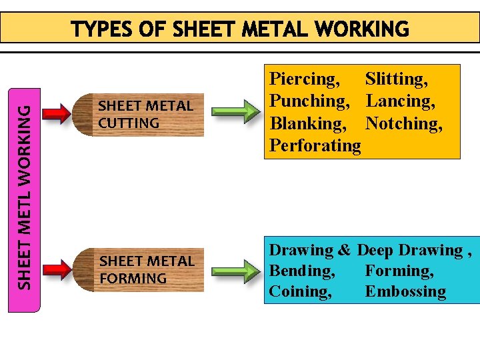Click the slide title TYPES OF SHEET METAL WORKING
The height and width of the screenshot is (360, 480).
coord(240,29)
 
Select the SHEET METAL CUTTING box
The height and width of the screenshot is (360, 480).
coord(145,114)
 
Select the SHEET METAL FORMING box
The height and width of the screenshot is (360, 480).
coord(147,269)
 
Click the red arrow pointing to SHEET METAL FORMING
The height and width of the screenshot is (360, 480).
coord(59,269)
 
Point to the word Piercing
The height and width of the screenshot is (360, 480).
coord(304,79)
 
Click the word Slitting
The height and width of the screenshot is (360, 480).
coord(397,79)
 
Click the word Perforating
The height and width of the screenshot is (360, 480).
coord(315,145)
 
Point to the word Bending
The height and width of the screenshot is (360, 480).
coord(302,271)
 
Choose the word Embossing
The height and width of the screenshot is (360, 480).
coord(405,292)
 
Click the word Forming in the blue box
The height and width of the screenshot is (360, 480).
coord(399,271)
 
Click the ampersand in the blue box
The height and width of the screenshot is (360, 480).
coord(344,251)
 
